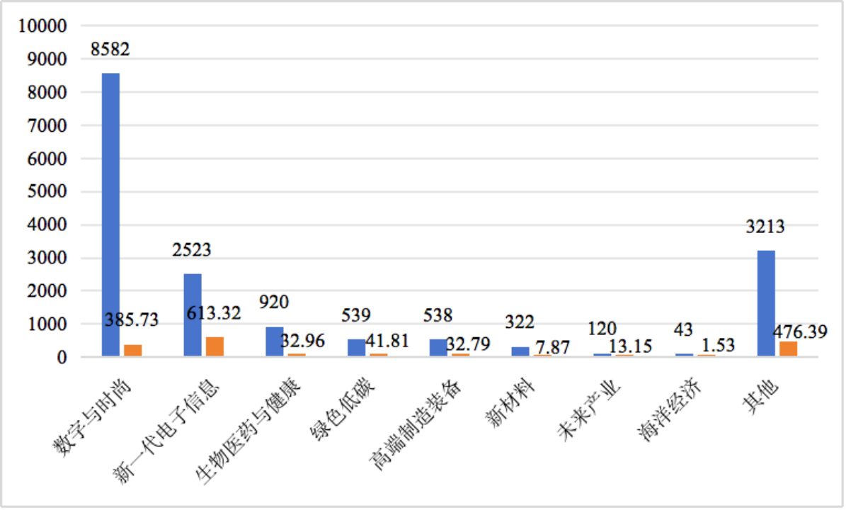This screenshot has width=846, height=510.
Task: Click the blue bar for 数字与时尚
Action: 110,214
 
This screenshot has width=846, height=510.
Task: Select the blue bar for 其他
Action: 766,302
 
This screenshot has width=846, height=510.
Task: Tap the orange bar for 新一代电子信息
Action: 215,346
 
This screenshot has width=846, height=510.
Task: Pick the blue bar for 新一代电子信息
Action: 193,314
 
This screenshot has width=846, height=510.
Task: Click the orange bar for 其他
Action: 788,348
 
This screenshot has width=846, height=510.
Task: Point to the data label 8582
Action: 110,49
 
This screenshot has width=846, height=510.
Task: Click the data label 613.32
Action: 214,313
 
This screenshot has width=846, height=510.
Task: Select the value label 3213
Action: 765,227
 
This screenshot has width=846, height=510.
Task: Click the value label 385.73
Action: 132,320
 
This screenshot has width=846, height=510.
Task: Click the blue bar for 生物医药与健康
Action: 274,341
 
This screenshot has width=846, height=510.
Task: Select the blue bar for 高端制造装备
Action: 438,348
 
